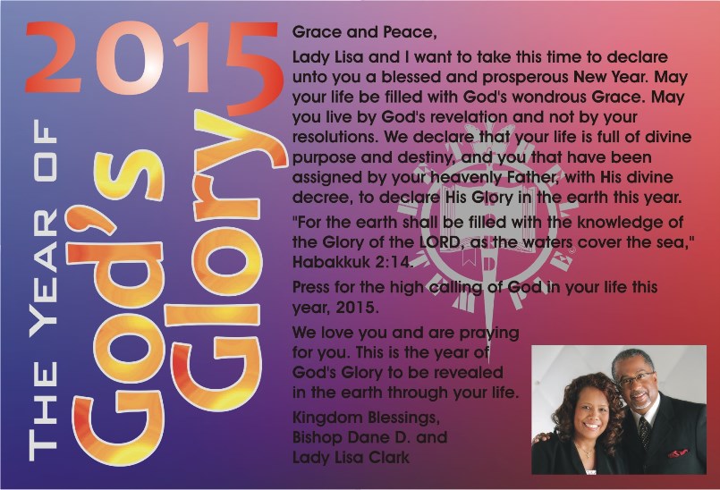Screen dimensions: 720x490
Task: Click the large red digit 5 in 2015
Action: (253, 68)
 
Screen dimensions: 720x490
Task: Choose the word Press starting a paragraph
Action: (311, 288)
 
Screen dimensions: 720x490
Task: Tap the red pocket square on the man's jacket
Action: (678, 453)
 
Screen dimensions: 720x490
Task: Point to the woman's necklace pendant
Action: (586, 454)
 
